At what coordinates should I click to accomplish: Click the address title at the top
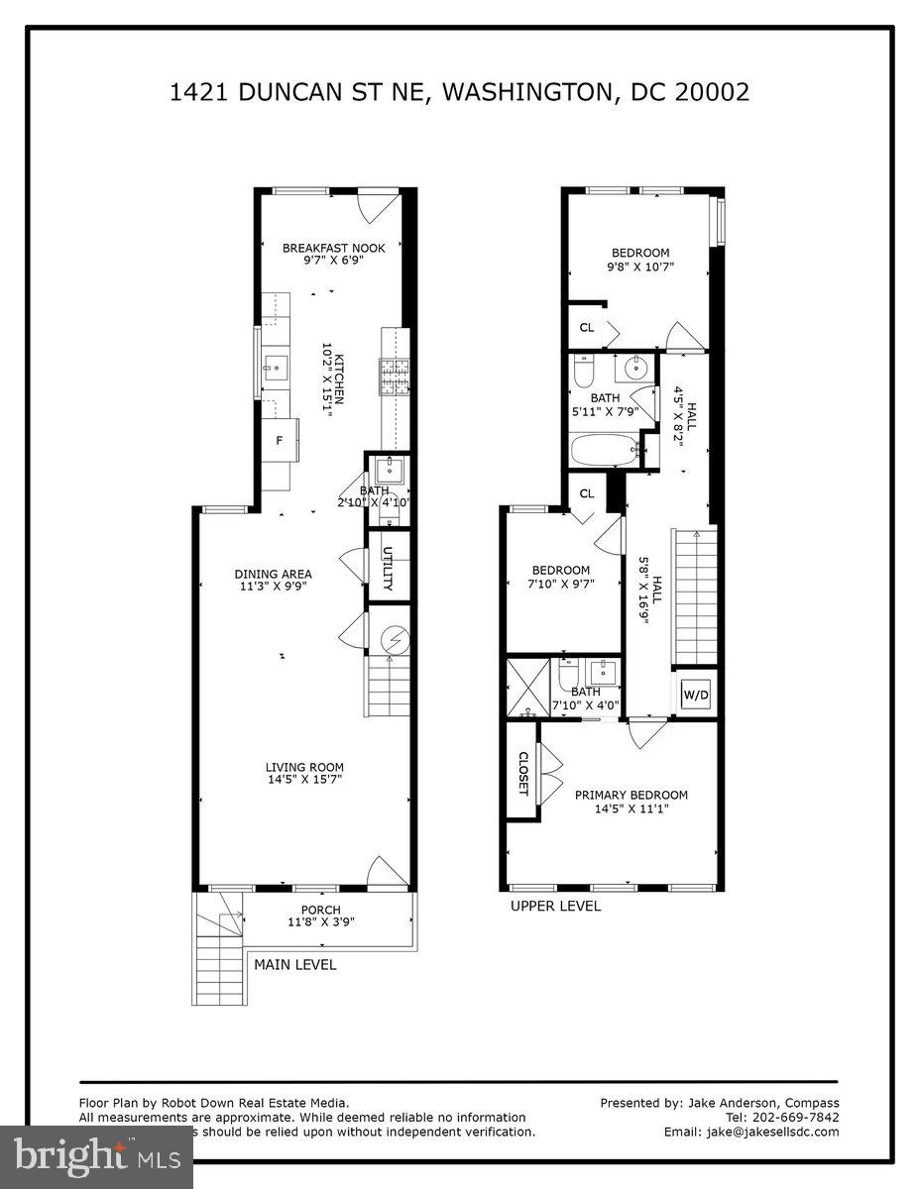tap(459, 92)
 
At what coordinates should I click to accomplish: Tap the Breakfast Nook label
tap(333, 248)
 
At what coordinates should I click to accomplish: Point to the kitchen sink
tap(273, 367)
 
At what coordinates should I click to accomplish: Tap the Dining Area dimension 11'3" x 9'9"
tap(273, 587)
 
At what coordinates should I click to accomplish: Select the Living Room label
tap(304, 767)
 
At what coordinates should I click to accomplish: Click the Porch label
tap(320, 910)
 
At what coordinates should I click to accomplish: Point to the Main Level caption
tap(294, 964)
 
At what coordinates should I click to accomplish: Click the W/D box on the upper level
tap(696, 696)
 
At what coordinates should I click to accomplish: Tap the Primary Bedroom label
tap(632, 795)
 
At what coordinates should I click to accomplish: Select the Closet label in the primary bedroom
tap(523, 774)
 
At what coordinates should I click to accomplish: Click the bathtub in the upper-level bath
tap(605, 450)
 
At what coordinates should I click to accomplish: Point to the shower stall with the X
tap(526, 686)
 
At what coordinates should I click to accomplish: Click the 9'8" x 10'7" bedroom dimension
tap(639, 267)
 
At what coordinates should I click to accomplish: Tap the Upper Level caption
tap(555, 906)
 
